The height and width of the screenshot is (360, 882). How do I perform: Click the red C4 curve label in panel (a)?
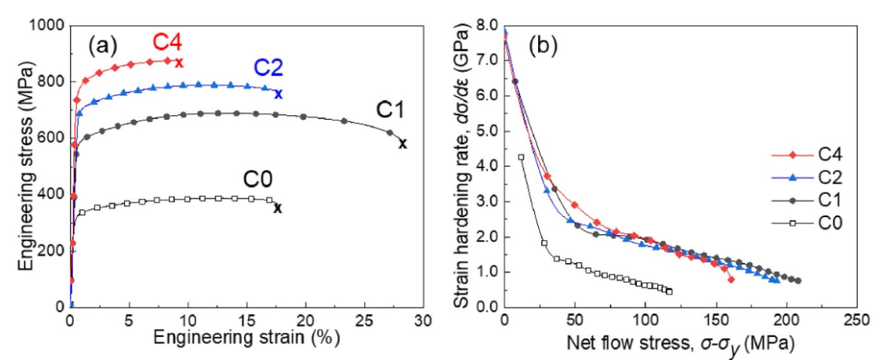pos(167,42)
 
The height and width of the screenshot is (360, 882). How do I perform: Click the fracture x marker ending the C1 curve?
pos(403,144)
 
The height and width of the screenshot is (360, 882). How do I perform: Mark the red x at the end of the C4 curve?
pos(180,62)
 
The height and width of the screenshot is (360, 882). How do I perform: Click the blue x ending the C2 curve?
pos(278,94)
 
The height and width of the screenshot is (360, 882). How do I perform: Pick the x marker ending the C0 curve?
pos(278,207)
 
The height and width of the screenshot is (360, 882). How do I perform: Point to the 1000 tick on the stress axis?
pos(48,25)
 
